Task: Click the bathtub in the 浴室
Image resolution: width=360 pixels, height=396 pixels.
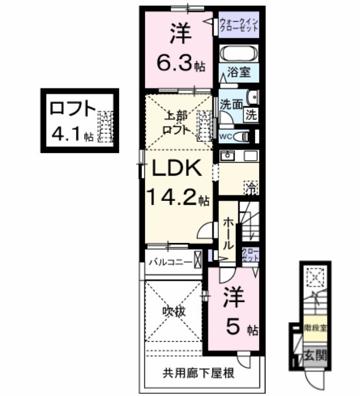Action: click(239, 53)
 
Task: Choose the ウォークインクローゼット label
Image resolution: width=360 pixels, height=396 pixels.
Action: click(238, 27)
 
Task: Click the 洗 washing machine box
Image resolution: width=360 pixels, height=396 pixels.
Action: click(251, 115)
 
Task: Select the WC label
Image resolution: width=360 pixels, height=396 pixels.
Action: click(225, 136)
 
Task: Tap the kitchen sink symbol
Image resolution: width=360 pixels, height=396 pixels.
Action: click(228, 156)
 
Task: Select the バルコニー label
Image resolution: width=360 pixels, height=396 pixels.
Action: click(170, 262)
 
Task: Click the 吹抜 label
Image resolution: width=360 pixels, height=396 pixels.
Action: click(173, 311)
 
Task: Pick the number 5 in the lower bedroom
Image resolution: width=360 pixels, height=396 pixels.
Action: click(231, 327)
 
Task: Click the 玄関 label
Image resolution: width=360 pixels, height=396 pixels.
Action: click(316, 354)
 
